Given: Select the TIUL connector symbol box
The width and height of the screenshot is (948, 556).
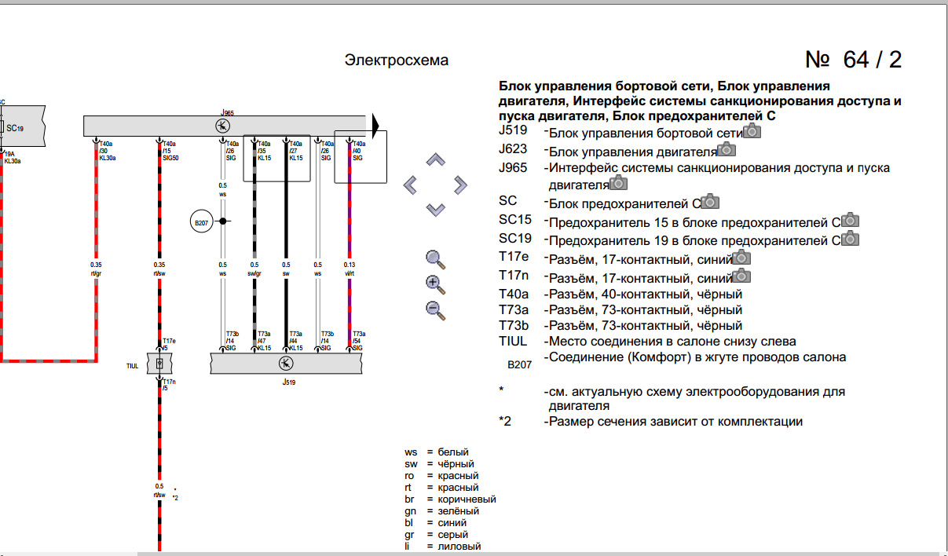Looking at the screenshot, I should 159,364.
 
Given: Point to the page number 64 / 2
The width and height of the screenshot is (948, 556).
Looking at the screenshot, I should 854,60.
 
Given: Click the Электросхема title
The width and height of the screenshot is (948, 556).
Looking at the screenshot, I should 397,60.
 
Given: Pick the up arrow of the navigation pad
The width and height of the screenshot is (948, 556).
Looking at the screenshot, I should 435,161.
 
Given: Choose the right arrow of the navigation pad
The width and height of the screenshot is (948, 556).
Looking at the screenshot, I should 460,185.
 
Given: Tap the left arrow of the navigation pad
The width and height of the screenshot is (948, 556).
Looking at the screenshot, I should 410,185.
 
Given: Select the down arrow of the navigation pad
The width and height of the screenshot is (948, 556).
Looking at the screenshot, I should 435,209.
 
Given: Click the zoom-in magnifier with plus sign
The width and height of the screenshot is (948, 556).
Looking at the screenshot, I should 435,284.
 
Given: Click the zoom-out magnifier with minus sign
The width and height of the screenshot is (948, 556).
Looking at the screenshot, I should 435,309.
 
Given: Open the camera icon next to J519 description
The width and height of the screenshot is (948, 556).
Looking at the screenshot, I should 752,132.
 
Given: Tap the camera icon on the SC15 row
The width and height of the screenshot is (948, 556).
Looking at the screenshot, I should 851,221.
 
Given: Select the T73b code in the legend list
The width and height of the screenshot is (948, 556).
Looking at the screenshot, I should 514,326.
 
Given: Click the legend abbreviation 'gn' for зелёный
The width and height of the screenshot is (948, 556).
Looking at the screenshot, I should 411,511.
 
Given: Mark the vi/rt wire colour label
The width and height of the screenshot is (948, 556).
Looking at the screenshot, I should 349,274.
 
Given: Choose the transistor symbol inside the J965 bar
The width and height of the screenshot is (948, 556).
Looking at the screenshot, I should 224,126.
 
